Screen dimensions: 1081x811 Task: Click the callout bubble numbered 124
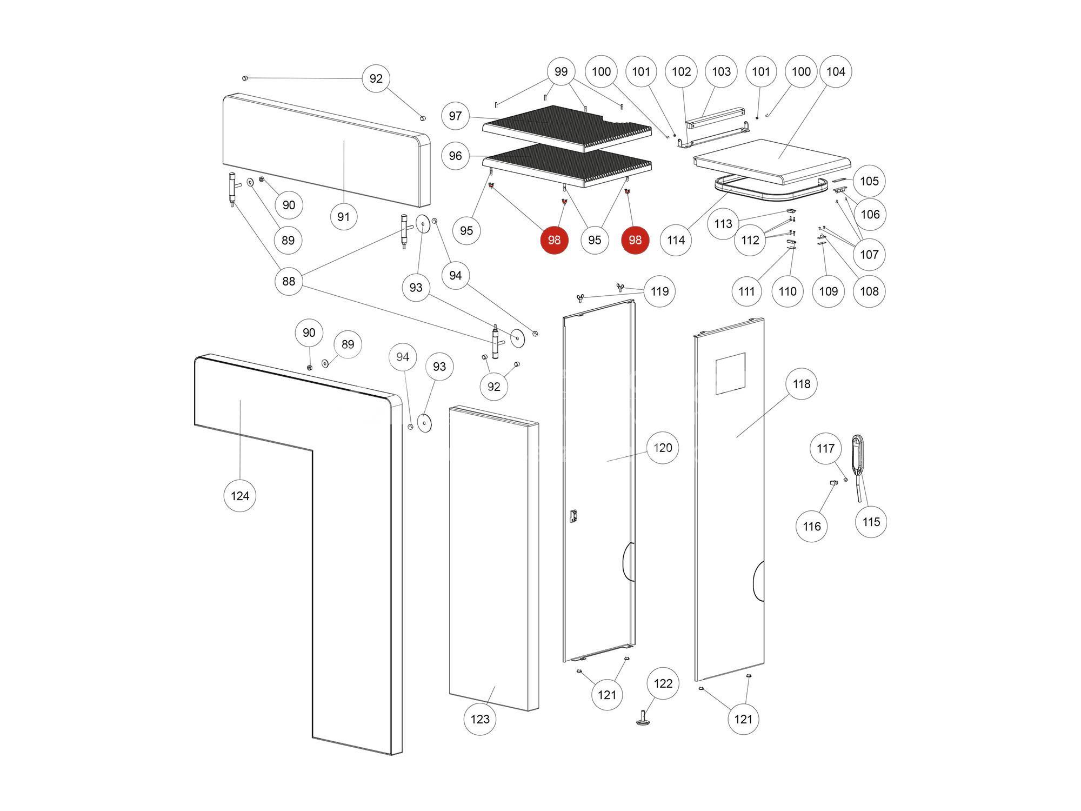[x=240, y=496]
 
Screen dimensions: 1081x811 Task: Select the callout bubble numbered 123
[x=480, y=719]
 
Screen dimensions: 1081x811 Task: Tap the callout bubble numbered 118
[x=802, y=384]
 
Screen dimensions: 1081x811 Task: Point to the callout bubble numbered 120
[x=663, y=448]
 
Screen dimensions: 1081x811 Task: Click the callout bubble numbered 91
[x=344, y=217]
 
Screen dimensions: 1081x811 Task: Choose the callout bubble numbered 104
[x=836, y=71]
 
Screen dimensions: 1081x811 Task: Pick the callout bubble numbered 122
[x=663, y=683]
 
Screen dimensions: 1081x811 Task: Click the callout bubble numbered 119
[x=659, y=291]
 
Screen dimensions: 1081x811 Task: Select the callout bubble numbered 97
[x=456, y=116]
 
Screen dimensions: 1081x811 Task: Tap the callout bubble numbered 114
[x=676, y=240]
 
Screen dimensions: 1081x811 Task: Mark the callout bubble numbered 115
[x=871, y=522]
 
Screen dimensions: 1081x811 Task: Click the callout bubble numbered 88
[x=289, y=281]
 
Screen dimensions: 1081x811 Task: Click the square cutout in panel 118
[x=731, y=374]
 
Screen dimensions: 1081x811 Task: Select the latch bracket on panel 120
[x=573, y=516]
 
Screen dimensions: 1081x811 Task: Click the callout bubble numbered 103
[x=721, y=71]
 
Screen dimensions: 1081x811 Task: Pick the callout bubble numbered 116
[x=812, y=526]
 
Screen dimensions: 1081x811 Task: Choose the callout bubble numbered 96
[x=456, y=156]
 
